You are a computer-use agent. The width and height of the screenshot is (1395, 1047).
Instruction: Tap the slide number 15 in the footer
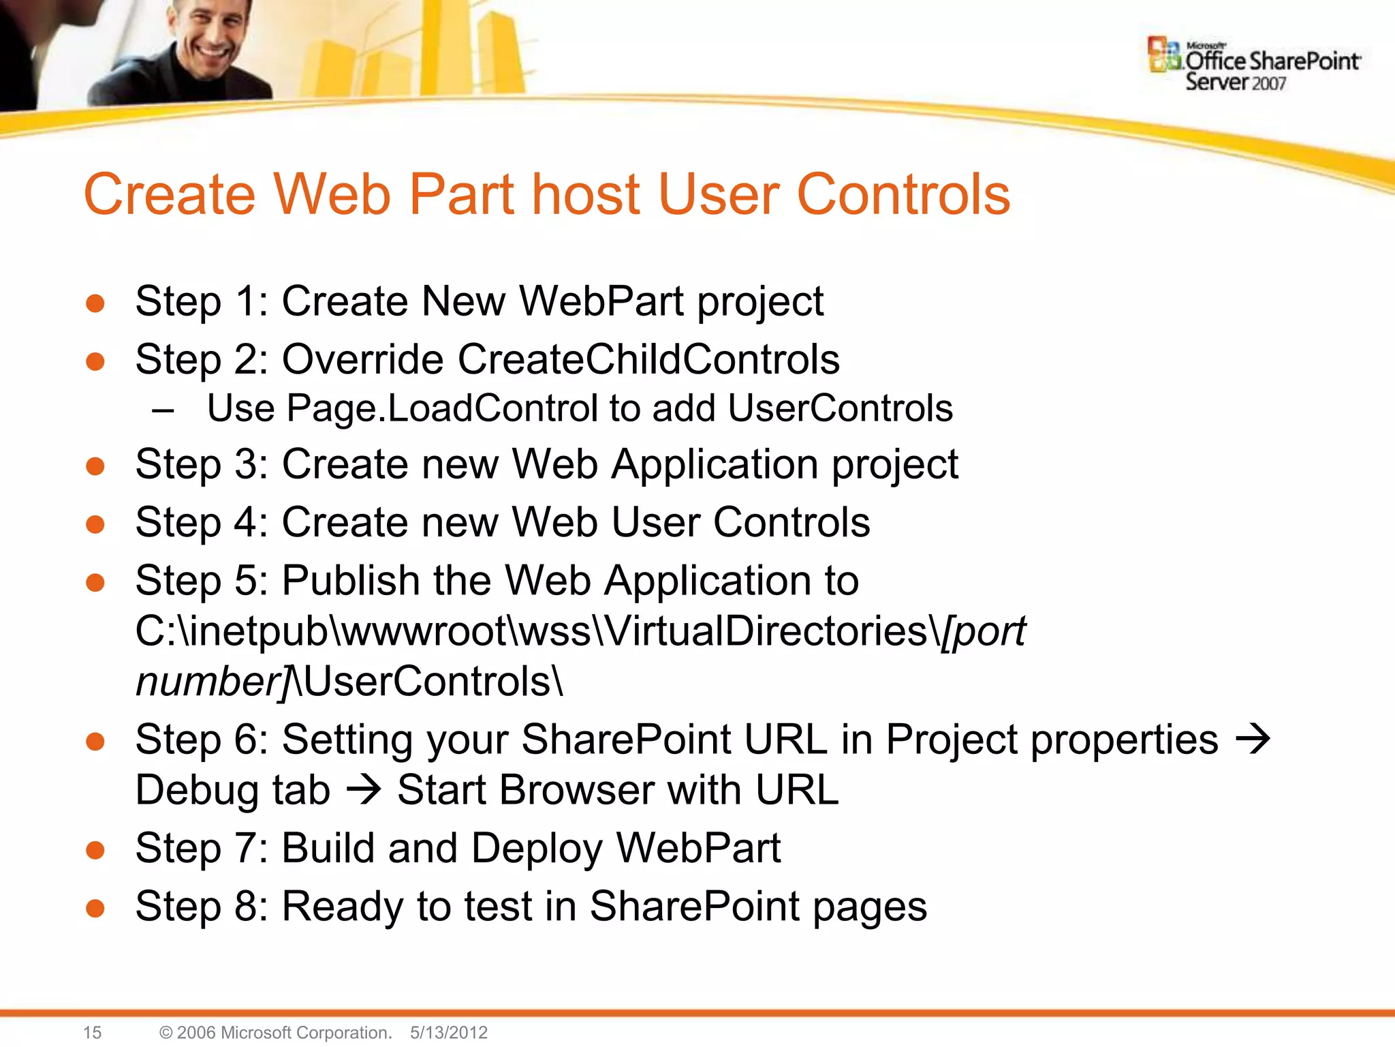[x=92, y=1032]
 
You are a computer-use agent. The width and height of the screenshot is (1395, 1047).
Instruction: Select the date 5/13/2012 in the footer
[x=449, y=1032]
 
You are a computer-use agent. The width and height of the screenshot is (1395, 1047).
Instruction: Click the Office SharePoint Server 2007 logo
[x=1253, y=65]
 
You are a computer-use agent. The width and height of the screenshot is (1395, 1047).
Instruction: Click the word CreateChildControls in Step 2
[x=648, y=359]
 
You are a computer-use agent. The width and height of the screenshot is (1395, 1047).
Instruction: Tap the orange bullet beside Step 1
[x=95, y=303]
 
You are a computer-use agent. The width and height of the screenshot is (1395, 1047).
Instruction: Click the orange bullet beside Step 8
[x=95, y=908]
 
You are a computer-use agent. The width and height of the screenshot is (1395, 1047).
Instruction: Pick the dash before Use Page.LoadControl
[x=163, y=411]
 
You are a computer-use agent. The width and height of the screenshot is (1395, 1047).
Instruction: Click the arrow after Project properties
[x=1252, y=739]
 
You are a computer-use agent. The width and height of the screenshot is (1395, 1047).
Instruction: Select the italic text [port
[x=983, y=632]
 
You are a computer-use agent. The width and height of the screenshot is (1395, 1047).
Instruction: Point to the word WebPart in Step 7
[x=698, y=848]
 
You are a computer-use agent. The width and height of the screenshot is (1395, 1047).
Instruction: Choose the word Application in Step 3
[x=714, y=465]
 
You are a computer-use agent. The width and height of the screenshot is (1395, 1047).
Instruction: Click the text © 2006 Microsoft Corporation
[x=275, y=1032]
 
